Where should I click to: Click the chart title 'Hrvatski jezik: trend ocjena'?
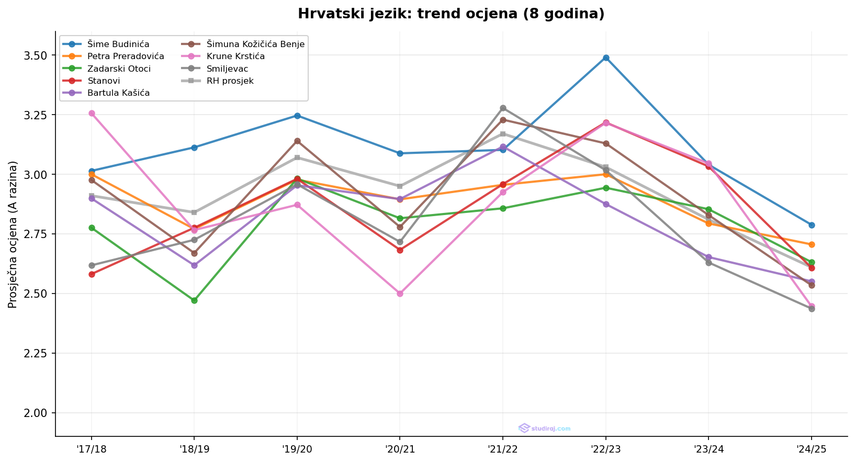pyautogui.click(x=451, y=14)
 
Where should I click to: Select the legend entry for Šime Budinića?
pyautogui.click(x=118, y=44)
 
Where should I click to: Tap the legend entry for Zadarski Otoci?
pyautogui.click(x=119, y=69)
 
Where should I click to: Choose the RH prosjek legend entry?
pyautogui.click(x=230, y=81)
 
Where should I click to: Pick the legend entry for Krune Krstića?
pyautogui.click(x=235, y=56)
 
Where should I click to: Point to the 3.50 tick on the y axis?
pyautogui.click(x=36, y=55)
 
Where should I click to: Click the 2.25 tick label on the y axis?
pyautogui.click(x=36, y=353)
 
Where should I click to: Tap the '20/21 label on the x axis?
pyautogui.click(x=400, y=448)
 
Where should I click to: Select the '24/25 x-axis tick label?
pyautogui.click(x=811, y=448)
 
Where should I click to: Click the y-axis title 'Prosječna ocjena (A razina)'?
pyautogui.click(x=13, y=234)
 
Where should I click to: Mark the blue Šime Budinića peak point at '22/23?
pyautogui.click(x=605, y=58)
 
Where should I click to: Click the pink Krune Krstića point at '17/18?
pyautogui.click(x=92, y=113)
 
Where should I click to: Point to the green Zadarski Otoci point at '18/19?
pyautogui.click(x=194, y=300)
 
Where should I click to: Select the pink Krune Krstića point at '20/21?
pyautogui.click(x=400, y=294)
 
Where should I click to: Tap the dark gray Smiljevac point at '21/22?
pyautogui.click(x=503, y=108)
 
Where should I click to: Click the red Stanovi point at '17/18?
pyautogui.click(x=92, y=274)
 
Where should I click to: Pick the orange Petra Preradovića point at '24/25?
pyautogui.click(x=811, y=244)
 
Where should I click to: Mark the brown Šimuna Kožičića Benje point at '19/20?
pyautogui.click(x=297, y=141)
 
